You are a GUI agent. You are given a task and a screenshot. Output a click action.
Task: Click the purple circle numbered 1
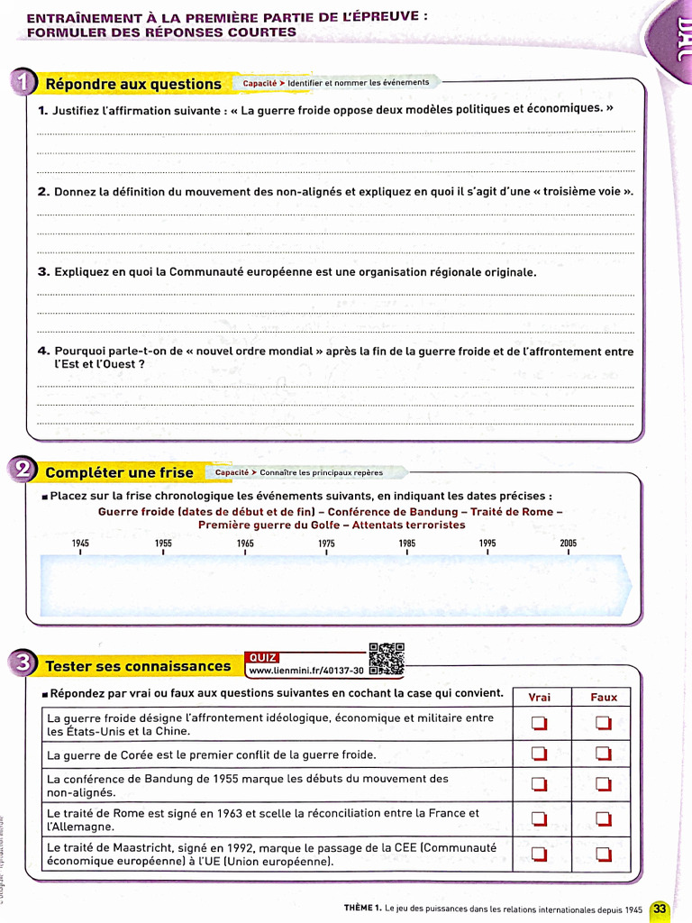[x=20, y=84]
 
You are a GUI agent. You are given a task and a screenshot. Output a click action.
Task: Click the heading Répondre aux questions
[x=133, y=85]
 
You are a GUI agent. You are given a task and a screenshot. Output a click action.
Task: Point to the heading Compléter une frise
[x=119, y=472]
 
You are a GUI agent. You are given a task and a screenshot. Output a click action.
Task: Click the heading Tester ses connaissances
[x=138, y=666]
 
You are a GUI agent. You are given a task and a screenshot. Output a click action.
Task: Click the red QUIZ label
[x=262, y=657]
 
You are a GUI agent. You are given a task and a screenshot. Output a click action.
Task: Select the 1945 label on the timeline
[x=81, y=544]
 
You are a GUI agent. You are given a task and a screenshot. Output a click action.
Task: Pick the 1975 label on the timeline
[x=326, y=544]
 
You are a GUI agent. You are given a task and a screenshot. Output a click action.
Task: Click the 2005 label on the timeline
[x=568, y=544]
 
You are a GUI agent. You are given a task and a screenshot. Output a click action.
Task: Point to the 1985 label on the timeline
[x=407, y=544]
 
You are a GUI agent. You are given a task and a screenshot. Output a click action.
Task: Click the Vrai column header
[x=539, y=697]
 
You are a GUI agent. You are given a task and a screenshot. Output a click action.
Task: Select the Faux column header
[x=604, y=697]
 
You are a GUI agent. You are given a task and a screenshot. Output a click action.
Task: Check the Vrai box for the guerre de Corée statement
[x=539, y=754]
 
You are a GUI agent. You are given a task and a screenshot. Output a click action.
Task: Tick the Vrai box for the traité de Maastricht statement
[x=539, y=854]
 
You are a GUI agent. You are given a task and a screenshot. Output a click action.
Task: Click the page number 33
[x=660, y=909]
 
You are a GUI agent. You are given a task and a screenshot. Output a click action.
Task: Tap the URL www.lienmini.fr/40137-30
[x=305, y=671]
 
